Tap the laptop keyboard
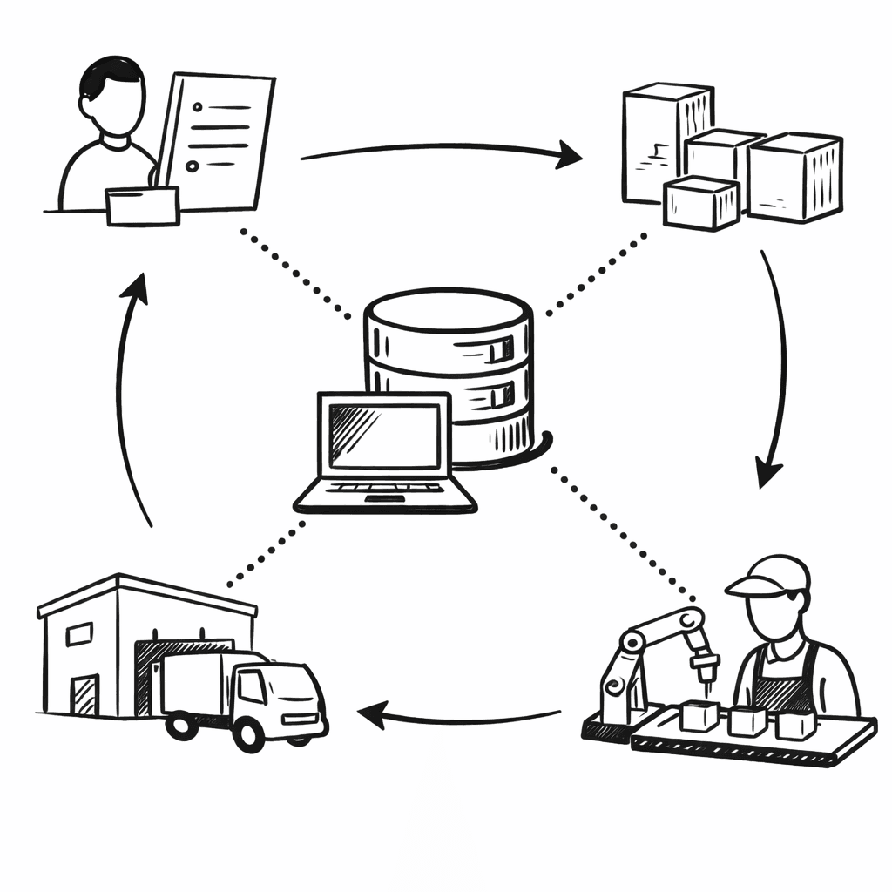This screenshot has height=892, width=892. tap(383, 489)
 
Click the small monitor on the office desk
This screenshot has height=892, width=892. tap(142, 206)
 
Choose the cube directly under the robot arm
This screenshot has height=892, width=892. tap(700, 716)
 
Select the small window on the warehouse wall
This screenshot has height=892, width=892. tap(79, 633)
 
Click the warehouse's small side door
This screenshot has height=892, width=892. tap(84, 695)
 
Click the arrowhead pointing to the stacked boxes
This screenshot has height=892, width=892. tap(571, 156)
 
